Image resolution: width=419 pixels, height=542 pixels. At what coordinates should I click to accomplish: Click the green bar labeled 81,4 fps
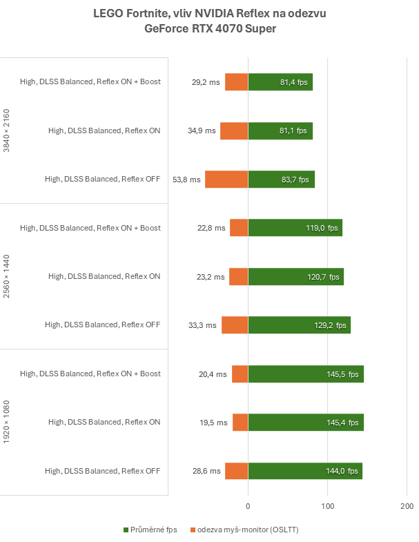pos(280,81)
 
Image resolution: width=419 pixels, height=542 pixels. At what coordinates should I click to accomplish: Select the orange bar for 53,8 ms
pos(226,180)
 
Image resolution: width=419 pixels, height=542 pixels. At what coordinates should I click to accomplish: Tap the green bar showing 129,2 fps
pos(299,325)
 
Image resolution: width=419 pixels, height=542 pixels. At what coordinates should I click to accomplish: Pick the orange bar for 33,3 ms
pos(235,325)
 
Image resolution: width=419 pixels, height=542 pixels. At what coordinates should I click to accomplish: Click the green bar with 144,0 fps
pos(305,471)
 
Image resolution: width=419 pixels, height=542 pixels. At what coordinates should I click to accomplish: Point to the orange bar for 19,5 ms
pos(240,423)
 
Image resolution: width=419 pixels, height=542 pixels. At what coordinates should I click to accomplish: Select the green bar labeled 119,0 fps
pos(295,228)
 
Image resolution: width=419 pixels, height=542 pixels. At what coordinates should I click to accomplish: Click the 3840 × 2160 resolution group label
pos(8,130)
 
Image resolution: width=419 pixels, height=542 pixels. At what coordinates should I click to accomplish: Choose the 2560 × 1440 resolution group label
pos(8,276)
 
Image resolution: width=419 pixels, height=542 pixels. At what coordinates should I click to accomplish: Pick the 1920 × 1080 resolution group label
pos(8,423)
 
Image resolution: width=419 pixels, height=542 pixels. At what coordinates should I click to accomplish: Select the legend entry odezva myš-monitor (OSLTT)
pos(248,530)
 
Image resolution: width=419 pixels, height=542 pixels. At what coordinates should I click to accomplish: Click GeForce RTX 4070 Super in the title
pos(209,29)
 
